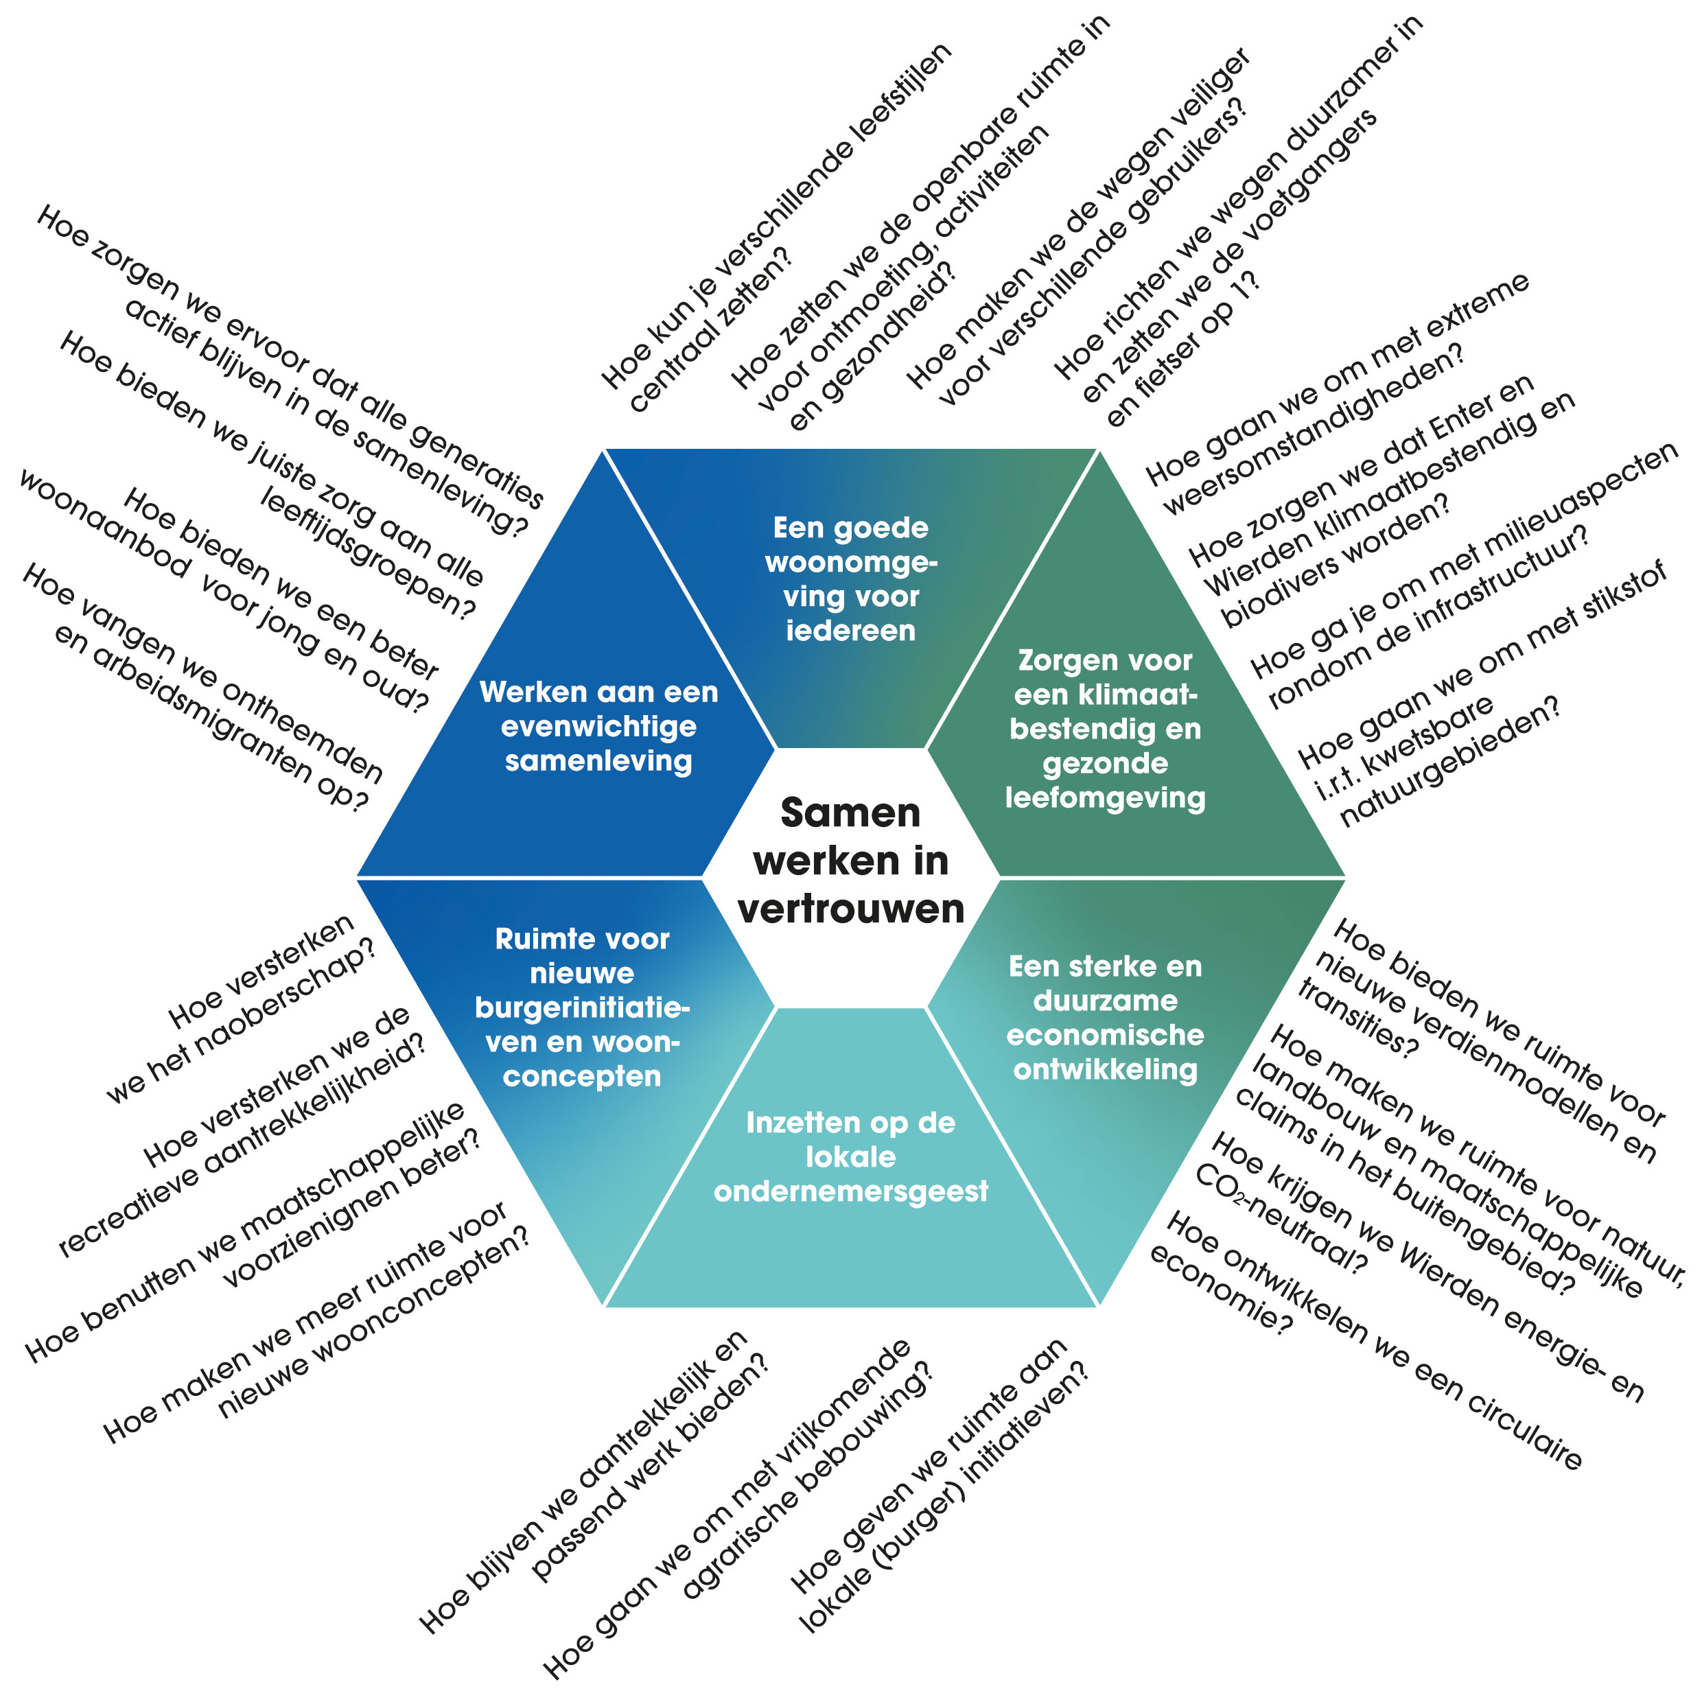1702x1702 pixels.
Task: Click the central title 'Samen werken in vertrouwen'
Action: [850, 861]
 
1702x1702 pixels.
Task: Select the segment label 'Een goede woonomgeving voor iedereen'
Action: [850, 579]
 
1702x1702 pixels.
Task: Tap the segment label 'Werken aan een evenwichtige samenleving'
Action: [598, 726]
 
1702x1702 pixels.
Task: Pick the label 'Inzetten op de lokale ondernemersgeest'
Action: [850, 1156]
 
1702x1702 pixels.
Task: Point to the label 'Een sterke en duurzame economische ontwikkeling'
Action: [1105, 1018]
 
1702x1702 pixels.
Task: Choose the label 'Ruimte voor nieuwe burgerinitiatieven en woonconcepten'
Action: [581, 1007]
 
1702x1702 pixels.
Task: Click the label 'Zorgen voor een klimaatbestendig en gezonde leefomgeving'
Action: [1105, 729]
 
